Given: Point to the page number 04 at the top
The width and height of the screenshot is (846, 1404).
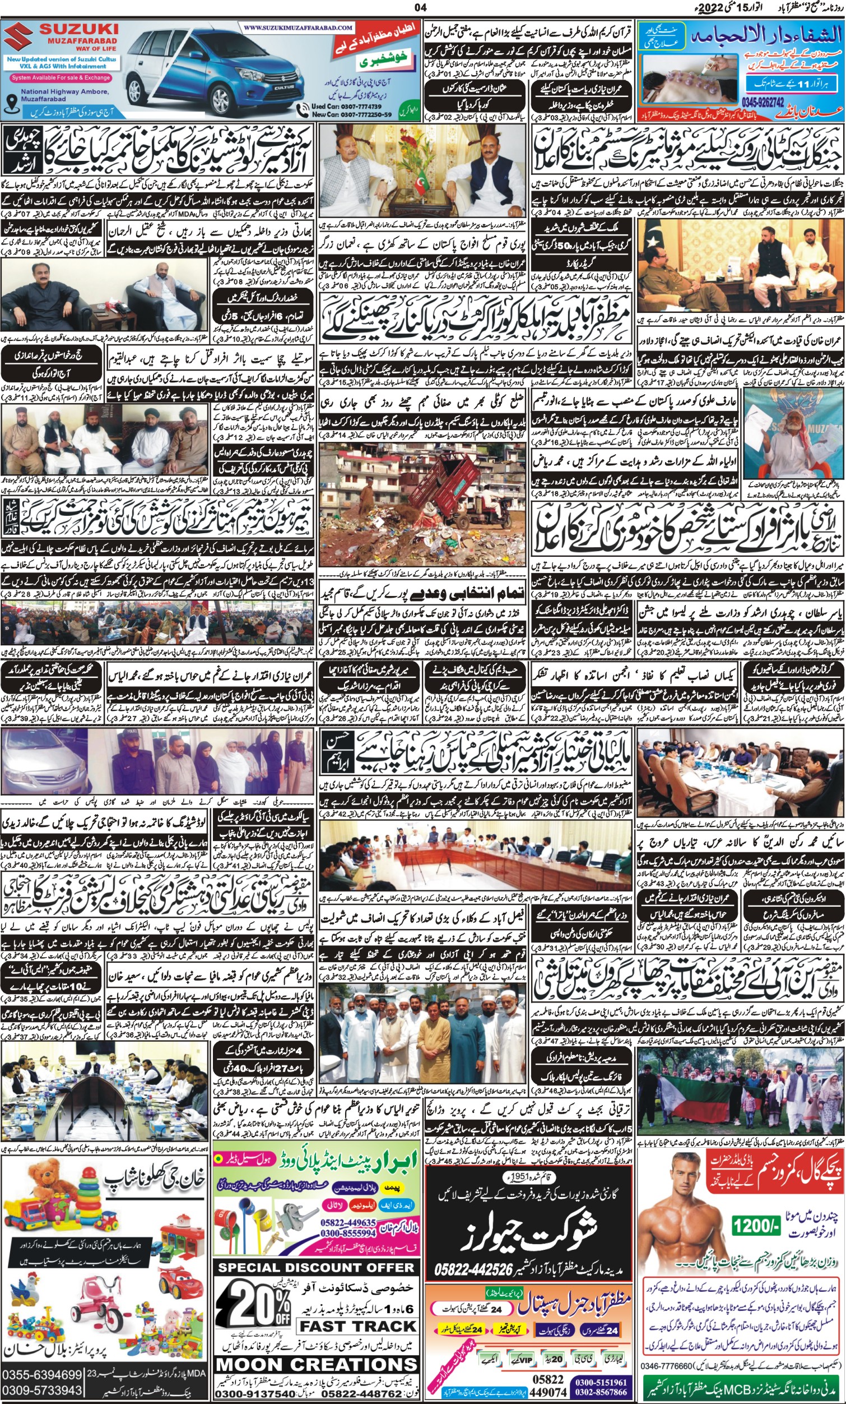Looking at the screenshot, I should coord(421,7).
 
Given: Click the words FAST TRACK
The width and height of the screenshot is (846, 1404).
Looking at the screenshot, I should coord(357,1327).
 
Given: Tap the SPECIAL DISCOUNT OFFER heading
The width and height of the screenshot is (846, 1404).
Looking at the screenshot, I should coord(316,1268).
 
